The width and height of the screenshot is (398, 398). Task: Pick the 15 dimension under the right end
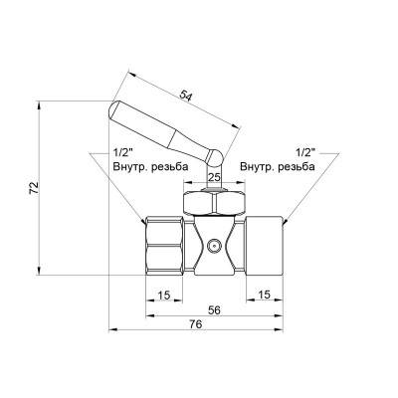264,294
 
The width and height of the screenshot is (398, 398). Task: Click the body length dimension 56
213,310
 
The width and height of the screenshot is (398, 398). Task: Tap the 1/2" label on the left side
123,152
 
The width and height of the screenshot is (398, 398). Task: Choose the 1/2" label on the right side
305,152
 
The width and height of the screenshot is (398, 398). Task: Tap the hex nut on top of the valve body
212,205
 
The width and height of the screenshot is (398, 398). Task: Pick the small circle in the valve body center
212,244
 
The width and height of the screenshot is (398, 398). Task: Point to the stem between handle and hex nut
212,182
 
